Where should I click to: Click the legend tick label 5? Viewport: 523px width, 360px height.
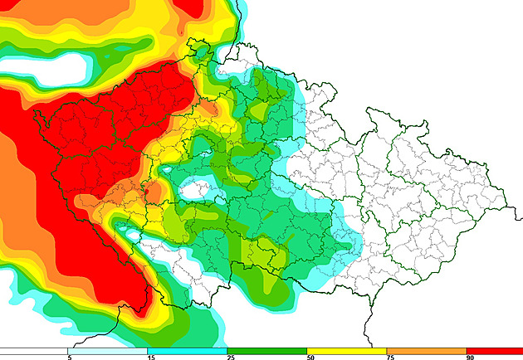click(69, 357)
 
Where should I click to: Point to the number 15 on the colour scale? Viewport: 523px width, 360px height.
click(149, 357)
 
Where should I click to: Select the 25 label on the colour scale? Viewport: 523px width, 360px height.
click(229, 357)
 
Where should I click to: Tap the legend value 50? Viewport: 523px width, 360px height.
click(309, 357)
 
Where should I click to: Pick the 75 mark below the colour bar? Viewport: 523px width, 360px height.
click(389, 357)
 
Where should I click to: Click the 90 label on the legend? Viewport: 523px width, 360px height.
click(469, 357)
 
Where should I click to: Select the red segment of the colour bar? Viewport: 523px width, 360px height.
click(495, 350)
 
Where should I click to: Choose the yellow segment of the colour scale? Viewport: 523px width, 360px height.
click(346, 350)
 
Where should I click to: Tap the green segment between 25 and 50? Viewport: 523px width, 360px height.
click(266, 350)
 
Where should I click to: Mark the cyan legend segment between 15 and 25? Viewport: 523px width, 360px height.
click(187, 350)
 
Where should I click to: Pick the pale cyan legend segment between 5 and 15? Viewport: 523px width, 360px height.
click(107, 350)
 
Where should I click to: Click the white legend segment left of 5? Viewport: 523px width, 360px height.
click(33, 350)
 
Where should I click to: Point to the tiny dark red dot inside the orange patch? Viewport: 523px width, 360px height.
click(145, 192)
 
